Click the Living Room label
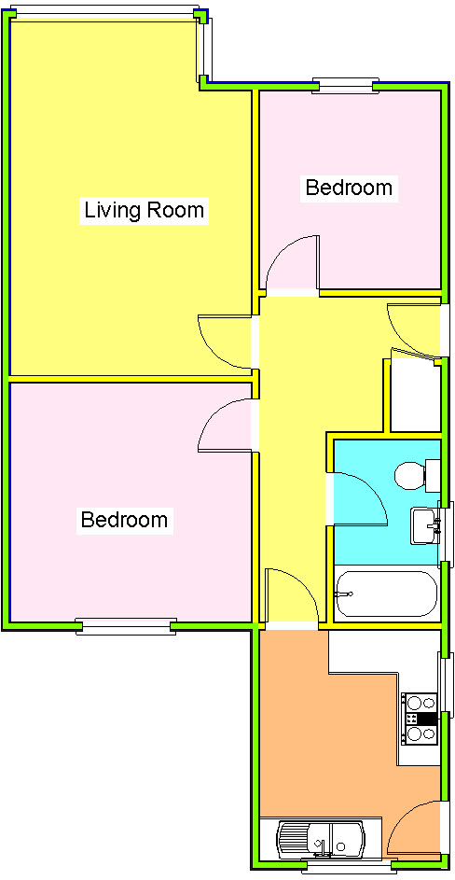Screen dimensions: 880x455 click(144, 210)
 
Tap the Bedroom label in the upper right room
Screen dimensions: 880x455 click(349, 188)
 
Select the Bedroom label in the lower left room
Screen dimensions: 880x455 click(124, 520)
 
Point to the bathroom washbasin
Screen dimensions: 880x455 click(424, 524)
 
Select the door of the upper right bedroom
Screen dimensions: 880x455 click(292, 265)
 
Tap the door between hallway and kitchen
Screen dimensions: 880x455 click(291, 595)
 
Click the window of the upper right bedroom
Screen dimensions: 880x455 click(343, 86)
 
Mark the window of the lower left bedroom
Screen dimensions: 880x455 click(125, 627)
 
